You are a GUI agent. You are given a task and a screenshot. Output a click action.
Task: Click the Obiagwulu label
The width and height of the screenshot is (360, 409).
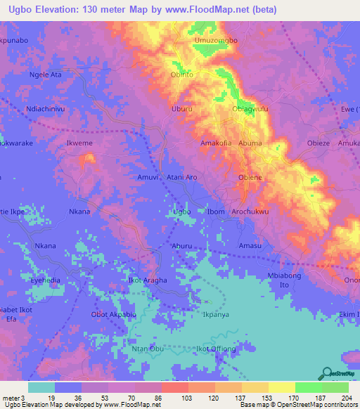tap(250, 109)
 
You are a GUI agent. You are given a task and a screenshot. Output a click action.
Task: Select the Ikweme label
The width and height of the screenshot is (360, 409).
tap(79, 143)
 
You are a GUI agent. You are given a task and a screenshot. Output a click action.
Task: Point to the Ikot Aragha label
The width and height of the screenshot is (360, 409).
tap(148, 280)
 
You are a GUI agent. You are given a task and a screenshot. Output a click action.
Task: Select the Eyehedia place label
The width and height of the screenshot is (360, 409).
tap(46, 280)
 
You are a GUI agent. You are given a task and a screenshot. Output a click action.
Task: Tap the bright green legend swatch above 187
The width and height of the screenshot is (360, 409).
tap(308, 387)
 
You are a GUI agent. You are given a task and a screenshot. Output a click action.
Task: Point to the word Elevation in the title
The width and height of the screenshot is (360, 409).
tap(63, 9)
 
